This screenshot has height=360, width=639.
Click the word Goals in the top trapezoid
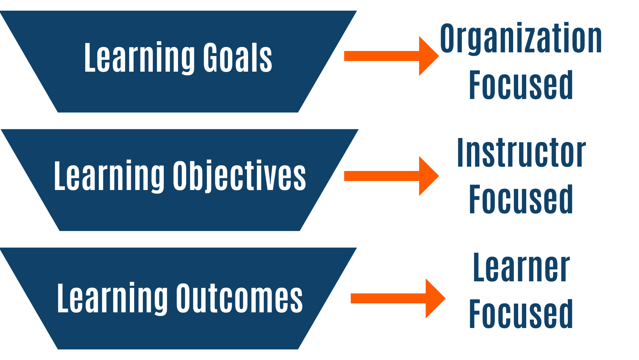[238, 58]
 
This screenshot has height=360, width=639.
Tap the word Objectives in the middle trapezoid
[239, 176]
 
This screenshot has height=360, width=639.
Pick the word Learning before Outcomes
[112, 299]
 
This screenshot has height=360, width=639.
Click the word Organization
[521, 39]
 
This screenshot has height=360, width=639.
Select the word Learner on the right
[521, 267]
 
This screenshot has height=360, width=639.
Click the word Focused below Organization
[521, 85]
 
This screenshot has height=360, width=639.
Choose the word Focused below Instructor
[521, 199]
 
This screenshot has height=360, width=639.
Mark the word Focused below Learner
[521, 314]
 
